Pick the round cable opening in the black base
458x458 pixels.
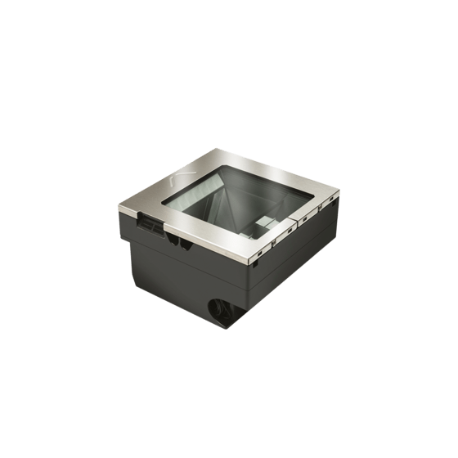click(x=221, y=311)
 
